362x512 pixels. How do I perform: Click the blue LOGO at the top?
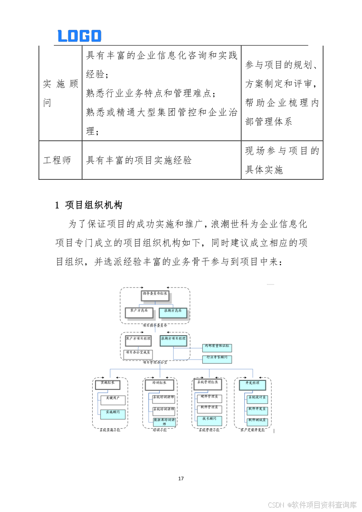[80, 36]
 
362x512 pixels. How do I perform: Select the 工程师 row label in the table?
[57, 160]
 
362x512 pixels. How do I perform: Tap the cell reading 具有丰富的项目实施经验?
[139, 160]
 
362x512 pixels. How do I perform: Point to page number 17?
[181, 478]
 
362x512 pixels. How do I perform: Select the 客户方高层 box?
[139, 313]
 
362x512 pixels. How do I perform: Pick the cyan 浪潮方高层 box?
[173, 313]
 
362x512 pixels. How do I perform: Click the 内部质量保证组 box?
[217, 348]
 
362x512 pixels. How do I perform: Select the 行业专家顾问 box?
[217, 359]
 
